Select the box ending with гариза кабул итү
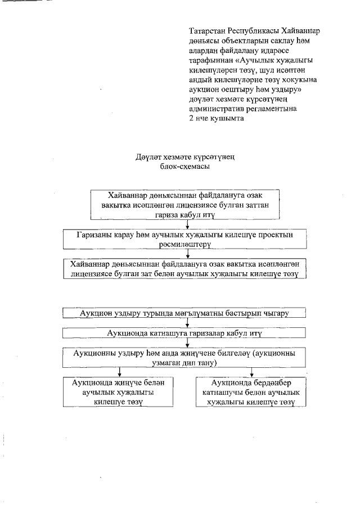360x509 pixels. [x=186, y=205]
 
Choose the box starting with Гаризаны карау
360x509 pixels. [x=186, y=238]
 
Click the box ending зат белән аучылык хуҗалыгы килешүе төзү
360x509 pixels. [x=186, y=268]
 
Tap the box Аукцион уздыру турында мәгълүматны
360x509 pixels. [x=186, y=313]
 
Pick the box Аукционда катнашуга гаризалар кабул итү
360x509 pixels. [x=186, y=334]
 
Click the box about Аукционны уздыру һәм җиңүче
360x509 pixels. [x=186, y=358]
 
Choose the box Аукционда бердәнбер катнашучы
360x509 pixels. [x=251, y=392]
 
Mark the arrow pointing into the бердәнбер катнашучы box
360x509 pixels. [x=251, y=372]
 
